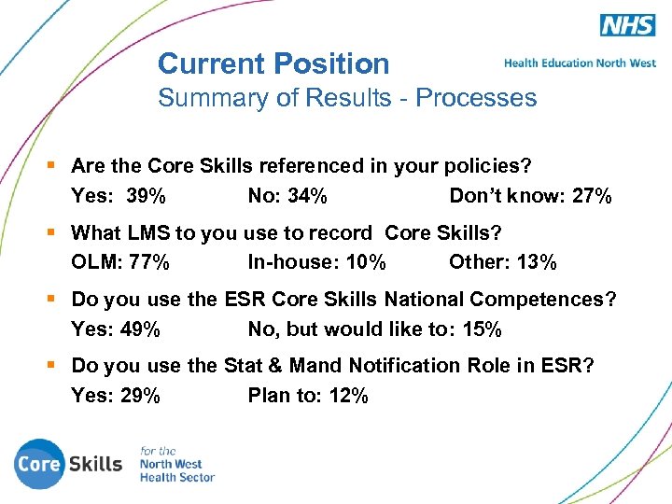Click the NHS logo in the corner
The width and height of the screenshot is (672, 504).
(627, 25)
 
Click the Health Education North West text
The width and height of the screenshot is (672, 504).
(580, 63)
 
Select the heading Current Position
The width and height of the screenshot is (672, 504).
(273, 63)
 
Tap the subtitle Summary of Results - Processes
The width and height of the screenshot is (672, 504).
(347, 98)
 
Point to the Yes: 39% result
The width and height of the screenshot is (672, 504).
(119, 196)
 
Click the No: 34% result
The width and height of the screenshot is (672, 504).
(287, 196)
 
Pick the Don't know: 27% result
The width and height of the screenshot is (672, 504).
(530, 196)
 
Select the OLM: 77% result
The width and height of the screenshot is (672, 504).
(120, 262)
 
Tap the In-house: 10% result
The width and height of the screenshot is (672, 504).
(316, 262)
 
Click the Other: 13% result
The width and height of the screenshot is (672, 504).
(502, 262)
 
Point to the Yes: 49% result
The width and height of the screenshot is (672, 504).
(116, 329)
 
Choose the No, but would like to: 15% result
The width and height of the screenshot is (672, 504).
(374, 329)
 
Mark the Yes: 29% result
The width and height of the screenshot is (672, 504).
(116, 396)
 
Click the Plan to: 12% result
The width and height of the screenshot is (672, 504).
(308, 396)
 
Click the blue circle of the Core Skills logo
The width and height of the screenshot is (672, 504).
(39, 464)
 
